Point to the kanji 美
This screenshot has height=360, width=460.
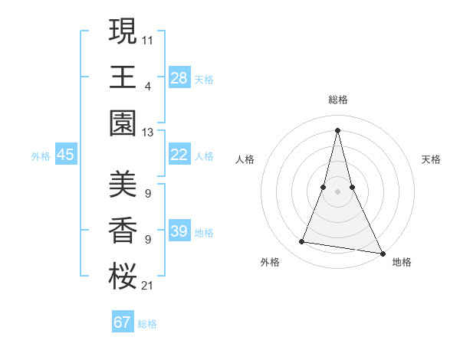[x=123, y=184]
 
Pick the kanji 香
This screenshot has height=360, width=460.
[x=123, y=231]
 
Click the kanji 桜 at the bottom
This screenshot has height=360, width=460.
[x=123, y=277]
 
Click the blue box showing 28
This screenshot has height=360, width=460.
[x=179, y=77]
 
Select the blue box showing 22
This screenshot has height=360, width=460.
[x=179, y=155]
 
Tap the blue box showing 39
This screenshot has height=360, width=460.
[x=179, y=231]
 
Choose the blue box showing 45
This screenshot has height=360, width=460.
[x=65, y=155]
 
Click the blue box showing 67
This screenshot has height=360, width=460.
[x=122, y=322]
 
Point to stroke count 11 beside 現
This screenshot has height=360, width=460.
[x=148, y=38]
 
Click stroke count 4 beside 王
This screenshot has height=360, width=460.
[x=148, y=86]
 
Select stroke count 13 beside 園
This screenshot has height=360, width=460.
[x=148, y=133]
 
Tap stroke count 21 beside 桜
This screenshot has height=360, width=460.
[x=148, y=286]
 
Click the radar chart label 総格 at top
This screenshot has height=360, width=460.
[x=338, y=100]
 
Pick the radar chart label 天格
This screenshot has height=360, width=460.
[x=431, y=159]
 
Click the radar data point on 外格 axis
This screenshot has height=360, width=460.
[x=302, y=242]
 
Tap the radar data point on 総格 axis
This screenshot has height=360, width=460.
[x=338, y=129]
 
